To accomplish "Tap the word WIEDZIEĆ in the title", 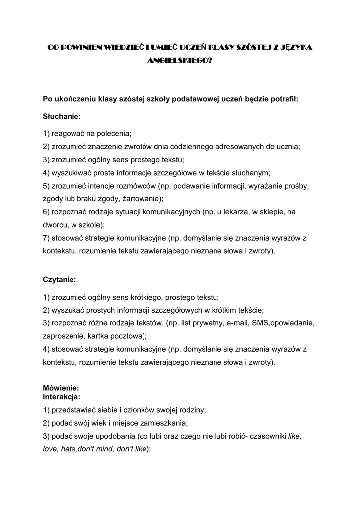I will coord(120,47).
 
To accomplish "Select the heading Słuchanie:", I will coord(62,116).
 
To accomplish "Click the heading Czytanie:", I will coord(59,280).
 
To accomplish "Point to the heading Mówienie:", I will coord(61,388).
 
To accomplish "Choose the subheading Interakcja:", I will coord(62,397).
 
